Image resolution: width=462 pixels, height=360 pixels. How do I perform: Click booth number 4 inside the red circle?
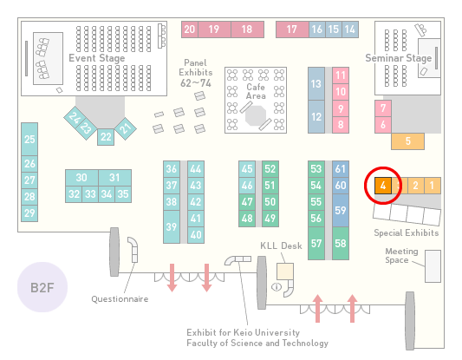point(383,186)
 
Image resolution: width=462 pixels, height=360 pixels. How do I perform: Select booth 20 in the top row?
point(190,29)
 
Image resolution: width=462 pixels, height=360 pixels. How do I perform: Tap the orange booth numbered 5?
point(407,141)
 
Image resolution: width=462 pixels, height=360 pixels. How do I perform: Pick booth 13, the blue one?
point(316,84)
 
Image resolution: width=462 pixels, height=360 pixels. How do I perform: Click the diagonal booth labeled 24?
point(74,118)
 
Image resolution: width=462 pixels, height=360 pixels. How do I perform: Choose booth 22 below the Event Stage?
point(106,137)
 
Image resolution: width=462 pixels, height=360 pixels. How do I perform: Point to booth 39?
point(172,226)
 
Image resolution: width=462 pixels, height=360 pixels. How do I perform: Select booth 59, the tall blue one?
point(341,210)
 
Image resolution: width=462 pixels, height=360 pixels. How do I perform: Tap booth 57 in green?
point(316,243)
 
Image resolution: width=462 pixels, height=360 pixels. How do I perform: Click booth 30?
point(81,178)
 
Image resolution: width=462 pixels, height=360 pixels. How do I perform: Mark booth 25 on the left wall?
point(29,139)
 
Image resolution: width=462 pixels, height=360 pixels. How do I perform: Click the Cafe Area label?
point(256,91)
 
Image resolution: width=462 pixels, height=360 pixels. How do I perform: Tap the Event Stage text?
point(96,58)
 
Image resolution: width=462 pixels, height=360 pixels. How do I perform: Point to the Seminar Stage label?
point(399,58)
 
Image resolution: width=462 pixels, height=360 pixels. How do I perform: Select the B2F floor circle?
point(42,287)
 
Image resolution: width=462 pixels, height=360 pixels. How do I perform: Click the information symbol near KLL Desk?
point(277,286)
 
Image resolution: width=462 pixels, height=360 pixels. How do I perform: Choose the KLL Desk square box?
point(285,272)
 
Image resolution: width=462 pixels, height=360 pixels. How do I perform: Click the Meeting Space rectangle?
point(433,266)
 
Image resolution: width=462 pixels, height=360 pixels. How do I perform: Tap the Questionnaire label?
point(120,299)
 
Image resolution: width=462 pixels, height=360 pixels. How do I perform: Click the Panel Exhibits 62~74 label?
point(196,73)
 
